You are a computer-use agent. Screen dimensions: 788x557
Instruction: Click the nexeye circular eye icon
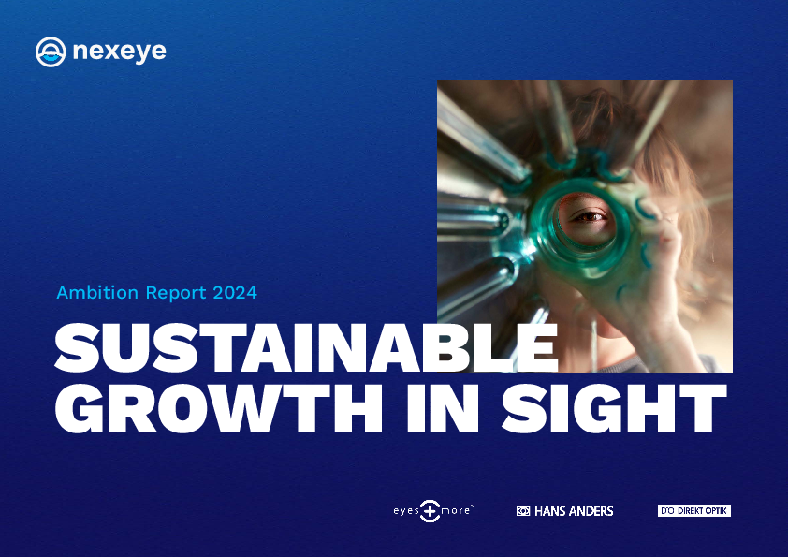point(51,51)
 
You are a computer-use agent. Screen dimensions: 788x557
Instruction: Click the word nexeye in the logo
point(119,51)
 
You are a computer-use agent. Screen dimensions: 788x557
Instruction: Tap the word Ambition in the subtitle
point(97,292)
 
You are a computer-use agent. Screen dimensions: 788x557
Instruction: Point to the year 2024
point(235,293)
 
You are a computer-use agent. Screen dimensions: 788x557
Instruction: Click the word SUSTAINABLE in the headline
point(306,348)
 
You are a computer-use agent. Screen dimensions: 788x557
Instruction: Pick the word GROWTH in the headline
point(219,409)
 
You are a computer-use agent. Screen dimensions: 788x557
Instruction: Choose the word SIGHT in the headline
point(614,409)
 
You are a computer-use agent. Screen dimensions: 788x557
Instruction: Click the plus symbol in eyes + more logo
point(430,511)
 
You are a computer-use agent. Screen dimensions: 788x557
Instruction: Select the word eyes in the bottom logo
point(406,511)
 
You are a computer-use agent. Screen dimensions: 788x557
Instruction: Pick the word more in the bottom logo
point(456,511)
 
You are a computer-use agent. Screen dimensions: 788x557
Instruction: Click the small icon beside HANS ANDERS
point(522,511)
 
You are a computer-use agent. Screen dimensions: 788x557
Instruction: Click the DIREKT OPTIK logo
point(694,511)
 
